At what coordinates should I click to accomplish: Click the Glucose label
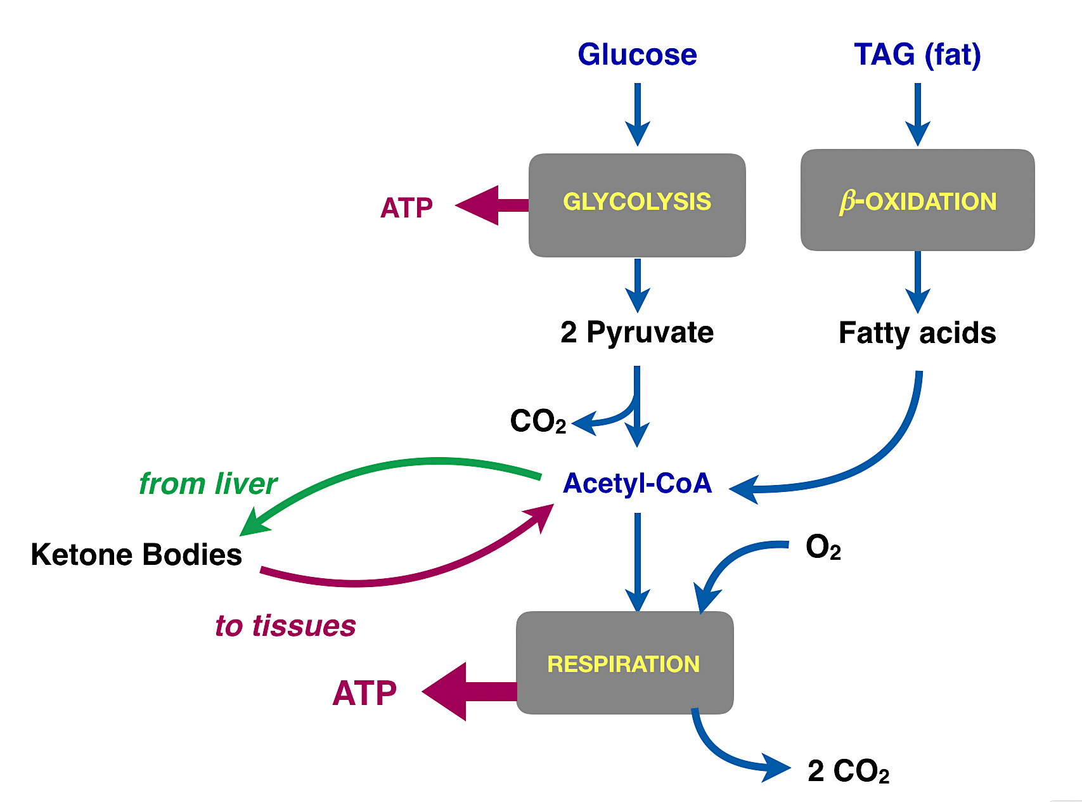tap(637, 55)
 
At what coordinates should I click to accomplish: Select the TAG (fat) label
tap(917, 55)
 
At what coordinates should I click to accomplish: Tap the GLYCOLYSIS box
tap(637, 205)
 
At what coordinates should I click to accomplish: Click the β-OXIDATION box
tap(917, 200)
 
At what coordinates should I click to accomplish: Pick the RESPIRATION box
tap(624, 663)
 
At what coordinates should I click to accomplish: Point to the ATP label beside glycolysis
tap(406, 208)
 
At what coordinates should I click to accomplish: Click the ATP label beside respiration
tap(364, 693)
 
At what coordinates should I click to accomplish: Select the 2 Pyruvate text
tap(637, 332)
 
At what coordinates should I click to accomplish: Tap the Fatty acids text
tap(917, 333)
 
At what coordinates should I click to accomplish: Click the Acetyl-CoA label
tap(637, 483)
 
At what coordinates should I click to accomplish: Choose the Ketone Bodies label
tap(136, 555)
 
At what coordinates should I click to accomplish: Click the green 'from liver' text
tap(208, 484)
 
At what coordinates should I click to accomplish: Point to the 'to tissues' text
tap(285, 626)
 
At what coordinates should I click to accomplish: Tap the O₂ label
tap(823, 547)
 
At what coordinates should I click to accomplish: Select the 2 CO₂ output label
tap(848, 771)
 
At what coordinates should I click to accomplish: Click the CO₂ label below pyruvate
tap(538, 422)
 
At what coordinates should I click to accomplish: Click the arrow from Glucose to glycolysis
tap(638, 114)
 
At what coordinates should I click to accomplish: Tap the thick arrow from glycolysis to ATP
tap(491, 205)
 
